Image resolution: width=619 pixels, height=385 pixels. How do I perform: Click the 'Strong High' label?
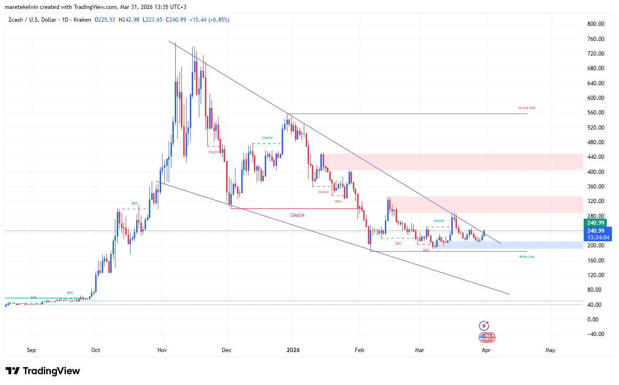pos(527,108)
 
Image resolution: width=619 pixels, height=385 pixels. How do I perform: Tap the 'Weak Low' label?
pos(527,257)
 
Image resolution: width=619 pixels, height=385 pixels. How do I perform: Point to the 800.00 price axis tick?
pos(595,24)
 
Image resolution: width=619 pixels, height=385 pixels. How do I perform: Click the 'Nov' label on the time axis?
pos(162,350)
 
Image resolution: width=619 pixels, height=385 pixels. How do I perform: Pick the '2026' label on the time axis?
pos(293,350)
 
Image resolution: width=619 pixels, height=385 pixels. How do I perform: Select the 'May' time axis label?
pos(550,350)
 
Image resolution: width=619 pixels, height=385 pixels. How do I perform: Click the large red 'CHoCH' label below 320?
pos(297,215)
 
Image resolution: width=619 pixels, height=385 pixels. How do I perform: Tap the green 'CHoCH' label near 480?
pos(267,138)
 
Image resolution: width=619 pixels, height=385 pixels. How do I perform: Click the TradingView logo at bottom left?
pos(43,371)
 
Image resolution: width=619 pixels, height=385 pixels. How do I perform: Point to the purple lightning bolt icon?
pos(484,326)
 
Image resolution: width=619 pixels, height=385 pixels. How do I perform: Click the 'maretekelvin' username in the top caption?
pos(19,7)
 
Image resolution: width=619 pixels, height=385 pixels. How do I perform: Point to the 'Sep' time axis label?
pos(32,350)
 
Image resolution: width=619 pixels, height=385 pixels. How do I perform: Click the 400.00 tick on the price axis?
pos(595,172)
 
